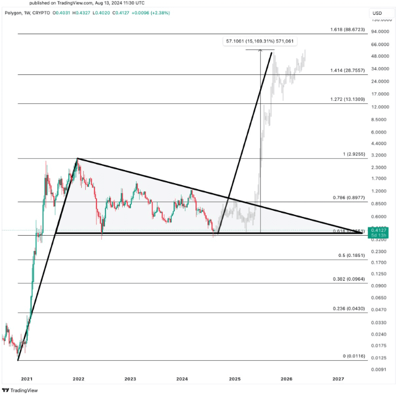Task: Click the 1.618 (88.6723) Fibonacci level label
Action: coord(347,30)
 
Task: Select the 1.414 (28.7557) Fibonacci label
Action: coord(347,71)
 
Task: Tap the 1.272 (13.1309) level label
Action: coord(347,99)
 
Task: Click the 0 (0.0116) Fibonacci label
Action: coord(354,356)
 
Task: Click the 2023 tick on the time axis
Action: coord(130,379)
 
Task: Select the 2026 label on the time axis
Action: coord(286,379)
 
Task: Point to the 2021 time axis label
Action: coord(26,379)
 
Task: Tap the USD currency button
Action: coord(377,13)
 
